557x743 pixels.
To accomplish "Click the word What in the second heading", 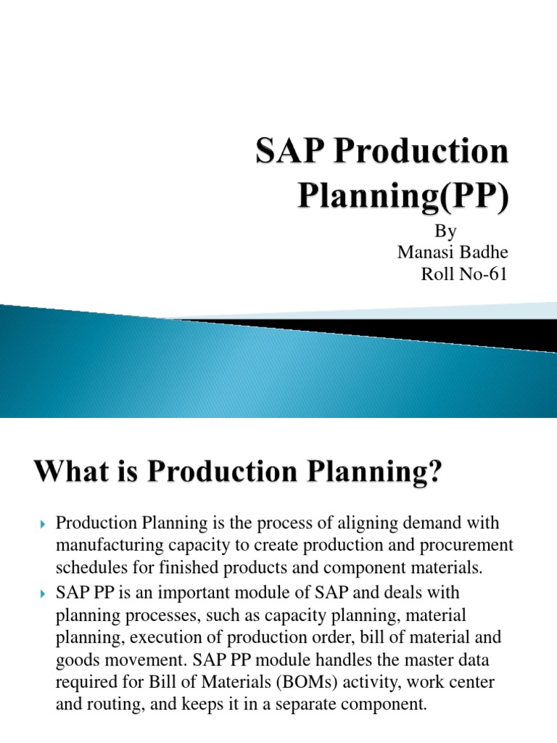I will click(x=69, y=476).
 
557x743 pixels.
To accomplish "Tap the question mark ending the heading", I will click(x=432, y=476).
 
